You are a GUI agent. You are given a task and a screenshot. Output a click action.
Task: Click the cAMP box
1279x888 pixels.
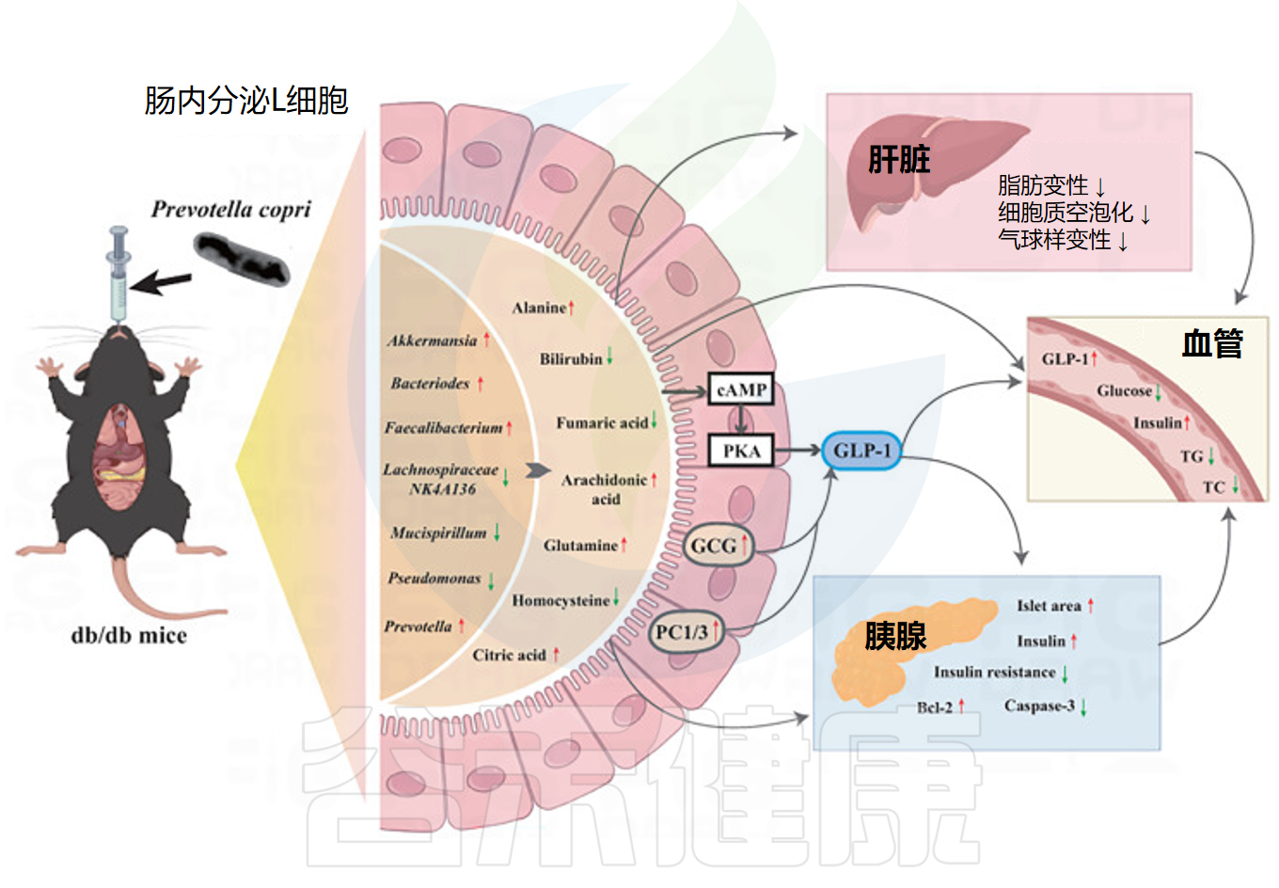(x=741, y=389)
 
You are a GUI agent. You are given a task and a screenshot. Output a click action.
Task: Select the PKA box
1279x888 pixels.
(x=741, y=452)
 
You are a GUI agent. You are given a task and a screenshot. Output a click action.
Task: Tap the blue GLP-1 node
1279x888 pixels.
(x=861, y=451)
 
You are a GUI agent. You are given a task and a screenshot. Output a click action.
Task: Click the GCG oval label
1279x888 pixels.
(x=717, y=546)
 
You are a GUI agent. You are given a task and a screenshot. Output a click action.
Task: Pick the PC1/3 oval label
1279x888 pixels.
(x=685, y=631)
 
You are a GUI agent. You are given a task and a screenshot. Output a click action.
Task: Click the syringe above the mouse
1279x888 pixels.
(x=118, y=273)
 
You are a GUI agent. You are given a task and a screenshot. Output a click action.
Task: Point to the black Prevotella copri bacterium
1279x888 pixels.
(x=241, y=258)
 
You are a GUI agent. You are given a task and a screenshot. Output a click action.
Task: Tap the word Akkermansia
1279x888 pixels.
(x=432, y=341)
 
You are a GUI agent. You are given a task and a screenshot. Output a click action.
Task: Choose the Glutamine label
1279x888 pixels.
(x=580, y=545)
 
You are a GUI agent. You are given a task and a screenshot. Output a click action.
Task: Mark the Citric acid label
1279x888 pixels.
(x=509, y=655)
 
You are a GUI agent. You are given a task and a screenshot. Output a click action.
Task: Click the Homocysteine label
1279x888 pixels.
(x=561, y=600)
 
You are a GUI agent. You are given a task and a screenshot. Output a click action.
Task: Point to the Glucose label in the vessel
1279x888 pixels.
(x=1124, y=390)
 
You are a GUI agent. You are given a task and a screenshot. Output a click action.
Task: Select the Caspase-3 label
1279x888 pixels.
(x=1039, y=706)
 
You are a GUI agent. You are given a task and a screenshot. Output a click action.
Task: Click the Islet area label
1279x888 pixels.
(x=1049, y=606)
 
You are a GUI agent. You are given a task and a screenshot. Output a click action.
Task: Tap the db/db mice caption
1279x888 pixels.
(x=129, y=636)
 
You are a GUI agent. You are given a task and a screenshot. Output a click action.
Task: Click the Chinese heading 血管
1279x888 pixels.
(x=1212, y=344)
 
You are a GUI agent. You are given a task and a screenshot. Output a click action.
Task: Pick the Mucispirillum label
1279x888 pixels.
(x=438, y=532)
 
